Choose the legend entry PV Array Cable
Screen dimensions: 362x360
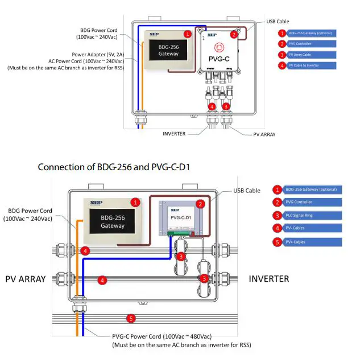(x=303, y=55)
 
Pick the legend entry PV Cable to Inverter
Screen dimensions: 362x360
(x=305, y=65)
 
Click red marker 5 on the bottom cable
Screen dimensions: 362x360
(x=131, y=319)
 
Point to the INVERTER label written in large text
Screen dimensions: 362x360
(x=268, y=279)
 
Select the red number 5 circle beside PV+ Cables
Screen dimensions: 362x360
(x=278, y=241)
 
